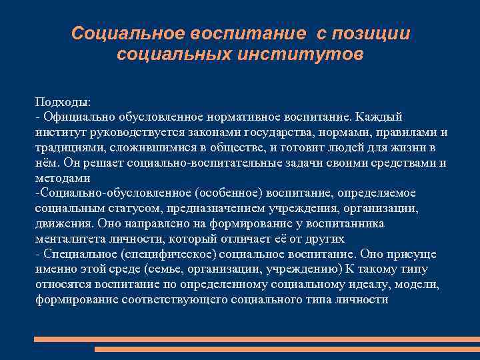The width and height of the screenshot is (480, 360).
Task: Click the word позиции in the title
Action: point(373,33)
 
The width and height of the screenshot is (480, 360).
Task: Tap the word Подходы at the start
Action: point(63,102)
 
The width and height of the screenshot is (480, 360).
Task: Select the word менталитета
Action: point(70,239)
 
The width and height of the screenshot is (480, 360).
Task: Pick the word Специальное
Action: point(79,254)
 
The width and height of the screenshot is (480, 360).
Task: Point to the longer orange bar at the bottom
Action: point(257,339)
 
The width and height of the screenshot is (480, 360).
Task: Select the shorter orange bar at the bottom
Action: point(287,349)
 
